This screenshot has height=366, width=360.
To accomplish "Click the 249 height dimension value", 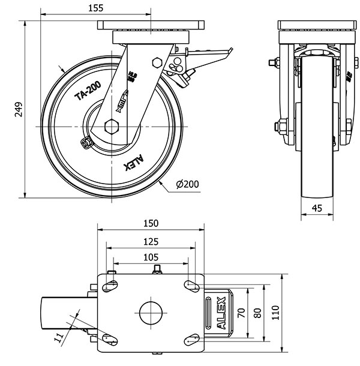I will pyautogui.click(x=19, y=109).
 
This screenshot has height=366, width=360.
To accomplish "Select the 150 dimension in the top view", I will pyautogui.click(x=151, y=223).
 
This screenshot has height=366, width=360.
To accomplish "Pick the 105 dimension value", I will pyautogui.click(x=151, y=257).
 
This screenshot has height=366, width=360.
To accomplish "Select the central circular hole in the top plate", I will pyautogui.click(x=151, y=311).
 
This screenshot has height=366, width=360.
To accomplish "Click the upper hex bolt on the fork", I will pyautogui.click(x=158, y=61).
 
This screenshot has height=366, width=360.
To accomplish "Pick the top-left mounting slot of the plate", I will pyautogui.click(x=109, y=286).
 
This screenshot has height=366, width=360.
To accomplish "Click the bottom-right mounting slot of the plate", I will pyautogui.click(x=192, y=340).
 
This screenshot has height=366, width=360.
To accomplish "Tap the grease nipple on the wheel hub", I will pyautogui.click(x=86, y=143).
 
